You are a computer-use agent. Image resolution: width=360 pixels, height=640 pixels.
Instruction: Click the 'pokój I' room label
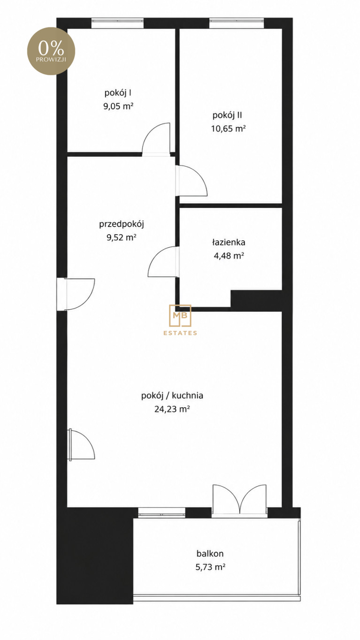click(x=118, y=93)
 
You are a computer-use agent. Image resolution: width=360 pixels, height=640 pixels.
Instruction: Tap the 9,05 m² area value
click(x=118, y=107)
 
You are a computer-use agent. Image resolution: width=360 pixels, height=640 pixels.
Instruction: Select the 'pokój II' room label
click(x=227, y=115)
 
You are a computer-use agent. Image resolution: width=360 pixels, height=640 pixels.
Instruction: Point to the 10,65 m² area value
click(x=228, y=129)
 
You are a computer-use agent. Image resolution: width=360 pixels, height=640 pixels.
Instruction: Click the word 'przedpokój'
click(x=122, y=224)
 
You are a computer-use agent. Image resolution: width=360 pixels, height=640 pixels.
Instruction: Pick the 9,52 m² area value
click(x=122, y=237)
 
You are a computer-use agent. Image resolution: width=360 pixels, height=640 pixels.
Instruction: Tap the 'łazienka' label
click(x=229, y=242)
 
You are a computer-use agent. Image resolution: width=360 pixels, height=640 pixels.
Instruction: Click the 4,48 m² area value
click(x=229, y=255)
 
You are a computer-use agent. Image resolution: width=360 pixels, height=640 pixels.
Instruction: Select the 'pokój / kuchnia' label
click(x=172, y=396)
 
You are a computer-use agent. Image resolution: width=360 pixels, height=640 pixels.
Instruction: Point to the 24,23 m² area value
click(x=172, y=409)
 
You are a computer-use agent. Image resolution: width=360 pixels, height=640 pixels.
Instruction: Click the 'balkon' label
click(x=210, y=553)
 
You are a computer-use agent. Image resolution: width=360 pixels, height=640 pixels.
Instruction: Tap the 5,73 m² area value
click(x=210, y=567)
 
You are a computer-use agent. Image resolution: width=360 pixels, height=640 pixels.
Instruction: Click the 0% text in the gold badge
click(x=51, y=48)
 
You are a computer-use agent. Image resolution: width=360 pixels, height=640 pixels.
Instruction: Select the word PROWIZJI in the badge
click(x=51, y=60)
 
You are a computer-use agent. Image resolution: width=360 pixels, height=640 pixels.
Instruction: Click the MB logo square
click(x=180, y=315)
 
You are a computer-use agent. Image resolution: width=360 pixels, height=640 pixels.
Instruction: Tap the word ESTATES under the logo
click(x=180, y=333)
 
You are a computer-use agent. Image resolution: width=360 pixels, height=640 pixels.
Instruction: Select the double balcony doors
click(x=239, y=501)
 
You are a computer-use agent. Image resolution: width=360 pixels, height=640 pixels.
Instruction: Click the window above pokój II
click(x=237, y=23)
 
